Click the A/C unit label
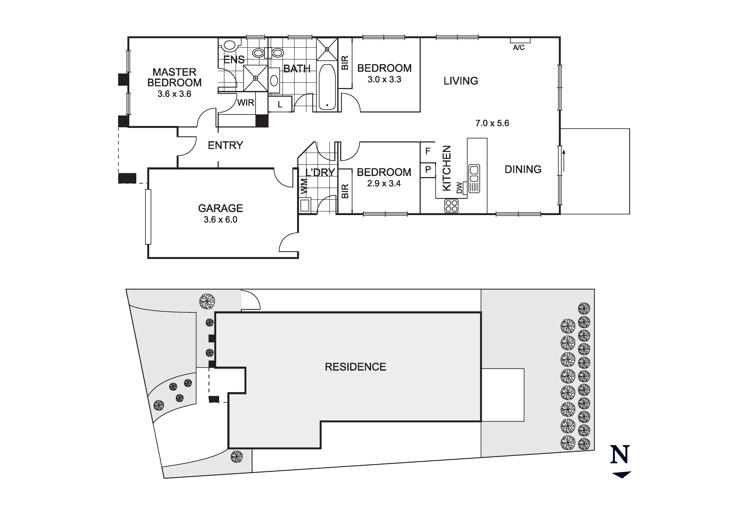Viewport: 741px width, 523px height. pyautogui.click(x=519, y=48)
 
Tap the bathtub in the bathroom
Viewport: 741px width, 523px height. pyautogui.click(x=327, y=87)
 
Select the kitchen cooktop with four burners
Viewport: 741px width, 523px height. pyautogui.click(x=451, y=206)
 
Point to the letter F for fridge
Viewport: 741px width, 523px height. pyautogui.click(x=428, y=151)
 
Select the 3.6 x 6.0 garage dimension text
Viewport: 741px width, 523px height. pyautogui.click(x=220, y=219)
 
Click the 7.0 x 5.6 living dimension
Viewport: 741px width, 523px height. pyautogui.click(x=492, y=123)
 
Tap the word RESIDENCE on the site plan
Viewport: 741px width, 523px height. pyautogui.click(x=355, y=367)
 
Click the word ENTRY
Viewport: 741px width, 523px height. pyautogui.click(x=225, y=145)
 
